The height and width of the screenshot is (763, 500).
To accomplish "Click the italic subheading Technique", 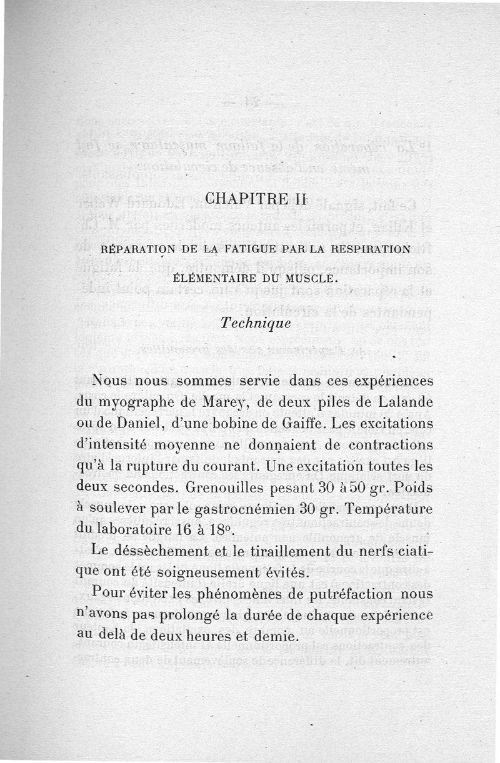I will [x=256, y=324].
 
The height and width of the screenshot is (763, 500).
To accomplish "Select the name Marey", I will [x=219, y=402].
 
